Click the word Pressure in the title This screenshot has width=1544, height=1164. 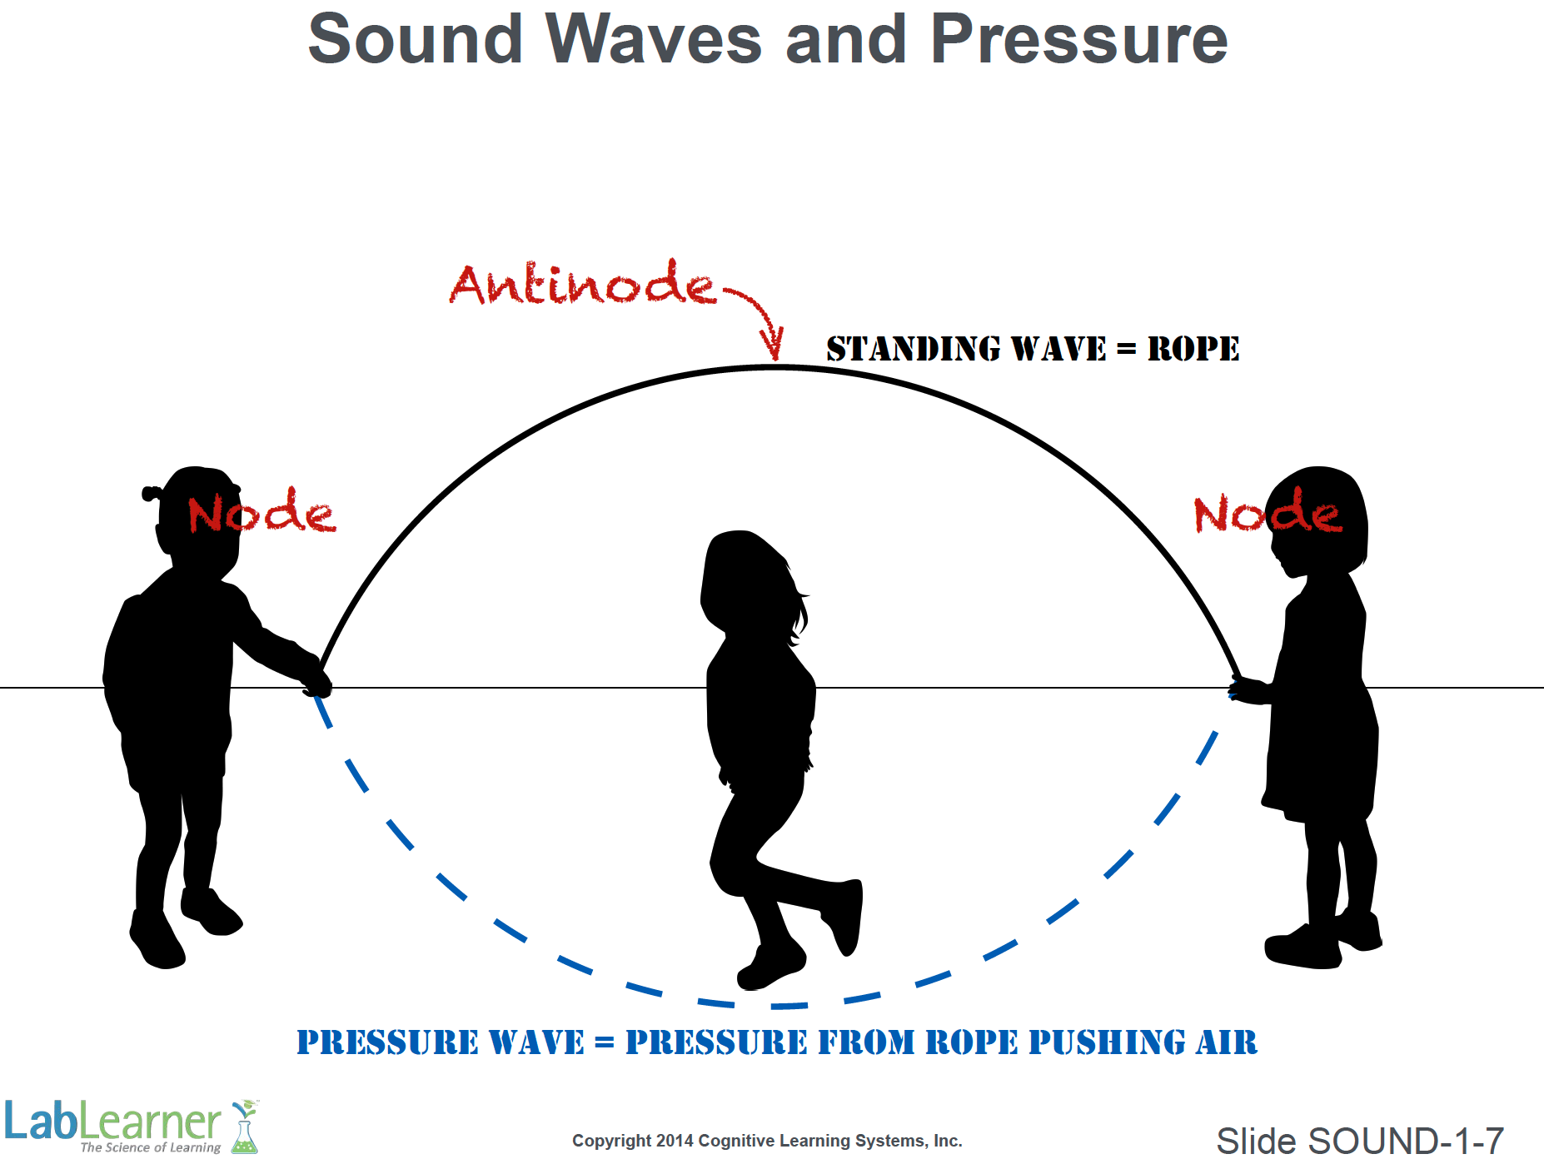pos(1078,39)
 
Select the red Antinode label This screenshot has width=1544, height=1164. pos(583,283)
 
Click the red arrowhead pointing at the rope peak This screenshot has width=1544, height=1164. pos(773,343)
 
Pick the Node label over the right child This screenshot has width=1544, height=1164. pos(1268,510)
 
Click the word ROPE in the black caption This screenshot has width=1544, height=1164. pos(1193,349)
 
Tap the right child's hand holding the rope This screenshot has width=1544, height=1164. pos(1247,690)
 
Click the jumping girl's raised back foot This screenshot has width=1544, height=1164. pos(844,916)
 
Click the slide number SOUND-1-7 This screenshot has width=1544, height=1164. pos(1407,1141)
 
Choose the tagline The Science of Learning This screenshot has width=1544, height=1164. pos(151,1147)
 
